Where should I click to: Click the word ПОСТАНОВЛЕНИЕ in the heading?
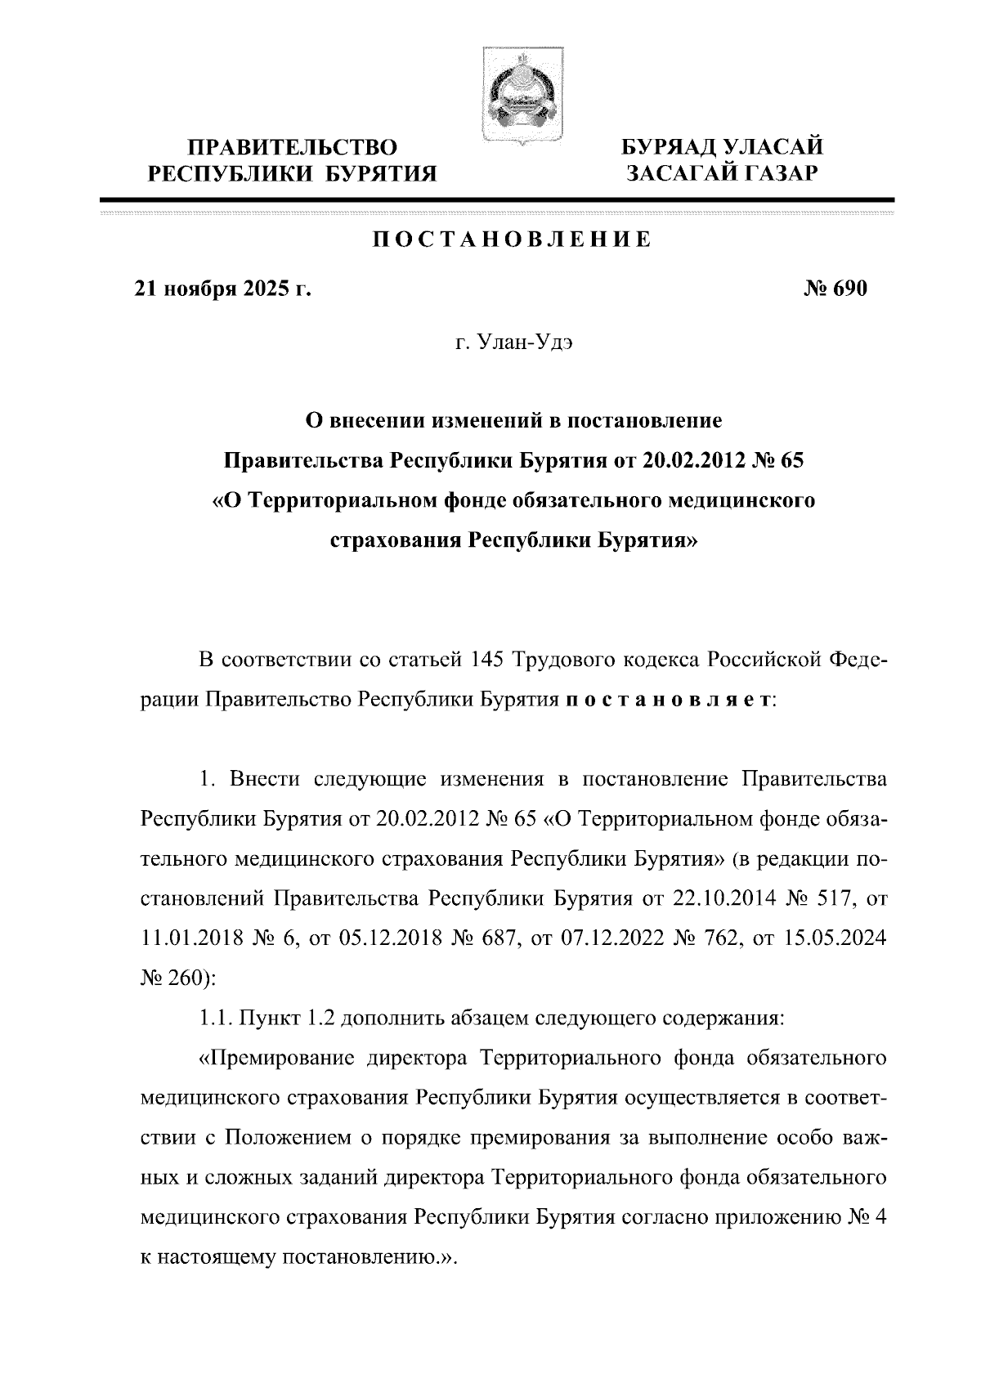[513, 240]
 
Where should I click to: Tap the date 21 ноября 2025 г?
[222, 289]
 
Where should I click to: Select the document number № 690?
[835, 289]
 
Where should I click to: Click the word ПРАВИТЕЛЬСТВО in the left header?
[293, 148]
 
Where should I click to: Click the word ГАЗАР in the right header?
[778, 172]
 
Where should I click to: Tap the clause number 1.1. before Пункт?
[216, 1019]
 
